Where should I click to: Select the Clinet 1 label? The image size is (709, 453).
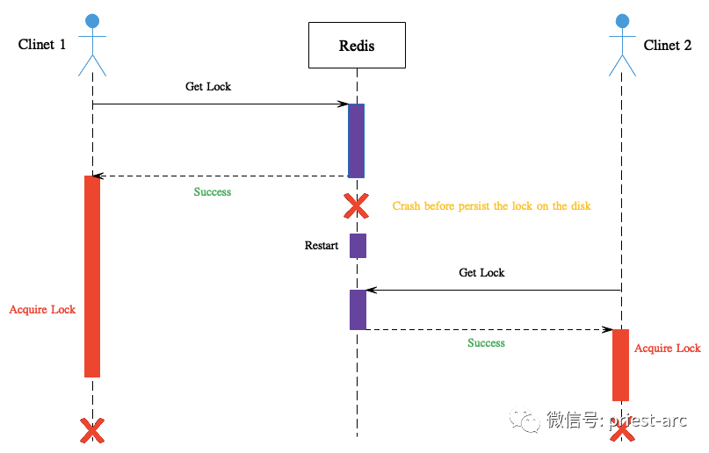pyautogui.click(x=42, y=44)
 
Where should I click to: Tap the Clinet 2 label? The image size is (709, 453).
pyautogui.click(x=668, y=45)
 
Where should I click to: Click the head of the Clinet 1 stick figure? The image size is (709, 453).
pyautogui.click(x=92, y=21)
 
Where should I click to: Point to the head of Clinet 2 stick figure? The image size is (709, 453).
pyautogui.click(x=622, y=21)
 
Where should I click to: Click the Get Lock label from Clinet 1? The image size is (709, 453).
pyautogui.click(x=208, y=86)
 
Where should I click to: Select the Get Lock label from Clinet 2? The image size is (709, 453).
pyautogui.click(x=481, y=272)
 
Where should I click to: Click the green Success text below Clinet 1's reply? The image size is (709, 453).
pyautogui.click(x=213, y=192)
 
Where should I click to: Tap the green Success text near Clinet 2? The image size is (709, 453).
pyautogui.click(x=486, y=342)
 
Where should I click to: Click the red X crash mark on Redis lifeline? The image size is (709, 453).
pyautogui.click(x=357, y=206)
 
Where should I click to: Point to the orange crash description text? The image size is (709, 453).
pyautogui.click(x=491, y=206)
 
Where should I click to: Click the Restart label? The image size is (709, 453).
pyautogui.click(x=321, y=245)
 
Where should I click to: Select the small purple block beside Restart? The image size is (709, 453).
pyautogui.click(x=358, y=246)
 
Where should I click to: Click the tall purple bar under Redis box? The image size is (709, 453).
pyautogui.click(x=357, y=141)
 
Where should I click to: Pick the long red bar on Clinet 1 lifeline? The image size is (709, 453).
pyautogui.click(x=92, y=277)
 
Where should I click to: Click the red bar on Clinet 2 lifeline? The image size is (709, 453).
pyautogui.click(x=621, y=365)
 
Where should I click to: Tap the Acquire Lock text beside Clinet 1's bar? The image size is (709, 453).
pyautogui.click(x=42, y=309)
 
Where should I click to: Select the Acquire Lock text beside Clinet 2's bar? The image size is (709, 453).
pyautogui.click(x=668, y=349)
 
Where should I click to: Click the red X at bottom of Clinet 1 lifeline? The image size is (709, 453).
pyautogui.click(x=92, y=430)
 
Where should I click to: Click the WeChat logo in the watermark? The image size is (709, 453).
pyautogui.click(x=525, y=420)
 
